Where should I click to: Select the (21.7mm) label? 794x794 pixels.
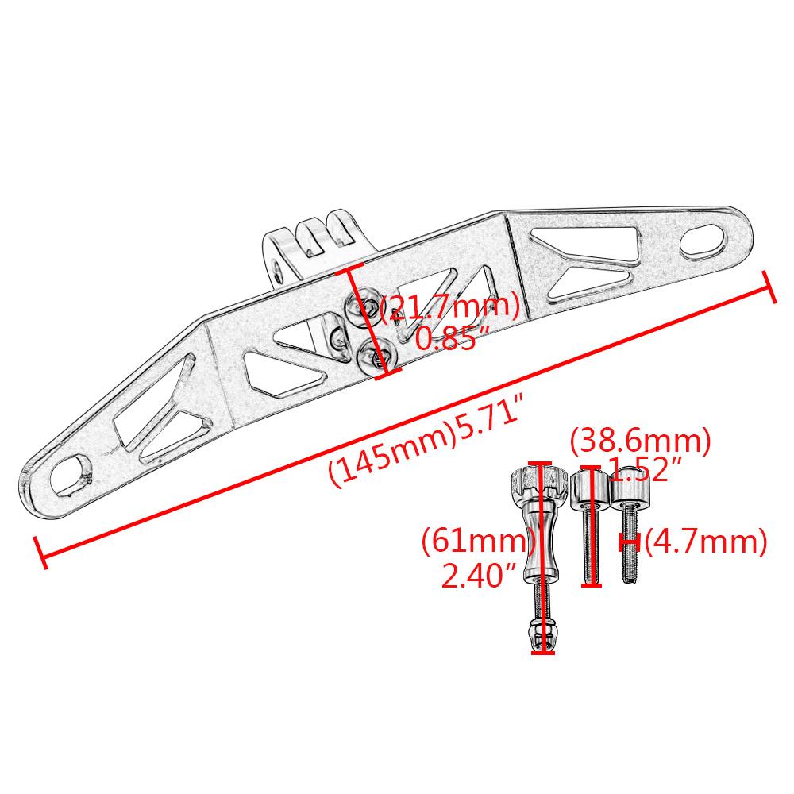click(450, 307)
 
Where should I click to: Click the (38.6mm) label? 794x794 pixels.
click(640, 441)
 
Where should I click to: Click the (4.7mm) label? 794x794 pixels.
click(705, 542)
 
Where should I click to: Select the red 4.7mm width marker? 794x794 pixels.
click(630, 542)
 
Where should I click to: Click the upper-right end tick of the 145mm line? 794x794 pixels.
click(768, 286)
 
